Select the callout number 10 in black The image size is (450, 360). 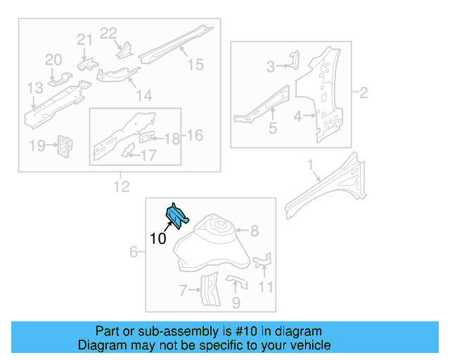(x=158, y=239)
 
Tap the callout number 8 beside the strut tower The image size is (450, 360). (x=255, y=230)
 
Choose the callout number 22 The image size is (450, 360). (x=108, y=32)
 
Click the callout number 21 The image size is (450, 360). (x=84, y=40)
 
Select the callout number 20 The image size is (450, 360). (x=54, y=60)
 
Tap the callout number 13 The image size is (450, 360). (x=35, y=88)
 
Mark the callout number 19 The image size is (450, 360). (x=37, y=146)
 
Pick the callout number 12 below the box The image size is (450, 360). (x=121, y=186)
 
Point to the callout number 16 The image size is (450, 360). (x=194, y=134)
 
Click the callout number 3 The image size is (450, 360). (x=271, y=67)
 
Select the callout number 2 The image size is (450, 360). (x=364, y=92)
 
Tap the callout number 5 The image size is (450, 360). (x=273, y=129)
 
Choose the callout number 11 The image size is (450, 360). (x=265, y=287)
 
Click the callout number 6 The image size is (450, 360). (x=134, y=252)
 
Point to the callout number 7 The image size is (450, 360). (x=182, y=290)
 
